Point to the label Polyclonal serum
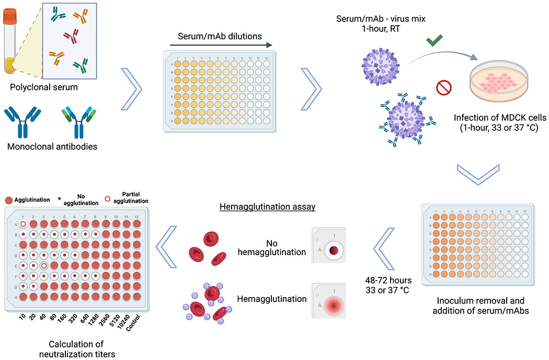(x=43, y=87)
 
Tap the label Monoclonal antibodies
(x=52, y=146)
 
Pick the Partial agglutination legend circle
(x=107, y=200)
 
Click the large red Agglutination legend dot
(x=9, y=201)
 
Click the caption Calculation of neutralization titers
(x=76, y=349)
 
